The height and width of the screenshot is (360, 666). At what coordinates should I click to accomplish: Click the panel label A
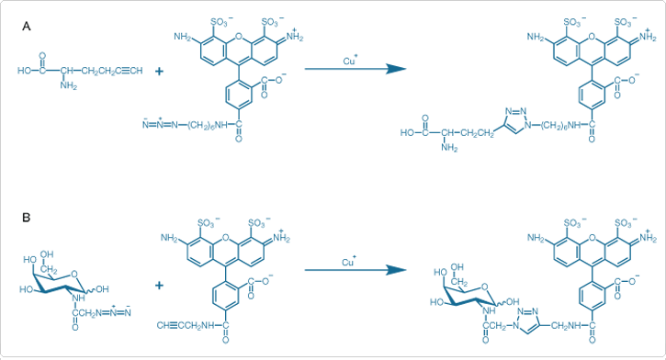point(27,28)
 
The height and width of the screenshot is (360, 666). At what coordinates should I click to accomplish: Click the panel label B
point(27,217)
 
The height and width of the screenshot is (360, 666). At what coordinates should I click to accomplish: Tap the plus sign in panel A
point(159,69)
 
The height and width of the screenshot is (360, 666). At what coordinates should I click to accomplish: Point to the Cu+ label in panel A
point(350,61)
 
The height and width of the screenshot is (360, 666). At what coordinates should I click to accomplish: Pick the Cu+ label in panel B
point(349,263)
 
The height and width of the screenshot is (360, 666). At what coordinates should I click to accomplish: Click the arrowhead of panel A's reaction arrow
point(396,69)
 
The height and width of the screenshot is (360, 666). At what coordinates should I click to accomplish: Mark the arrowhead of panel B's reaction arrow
point(396,271)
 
